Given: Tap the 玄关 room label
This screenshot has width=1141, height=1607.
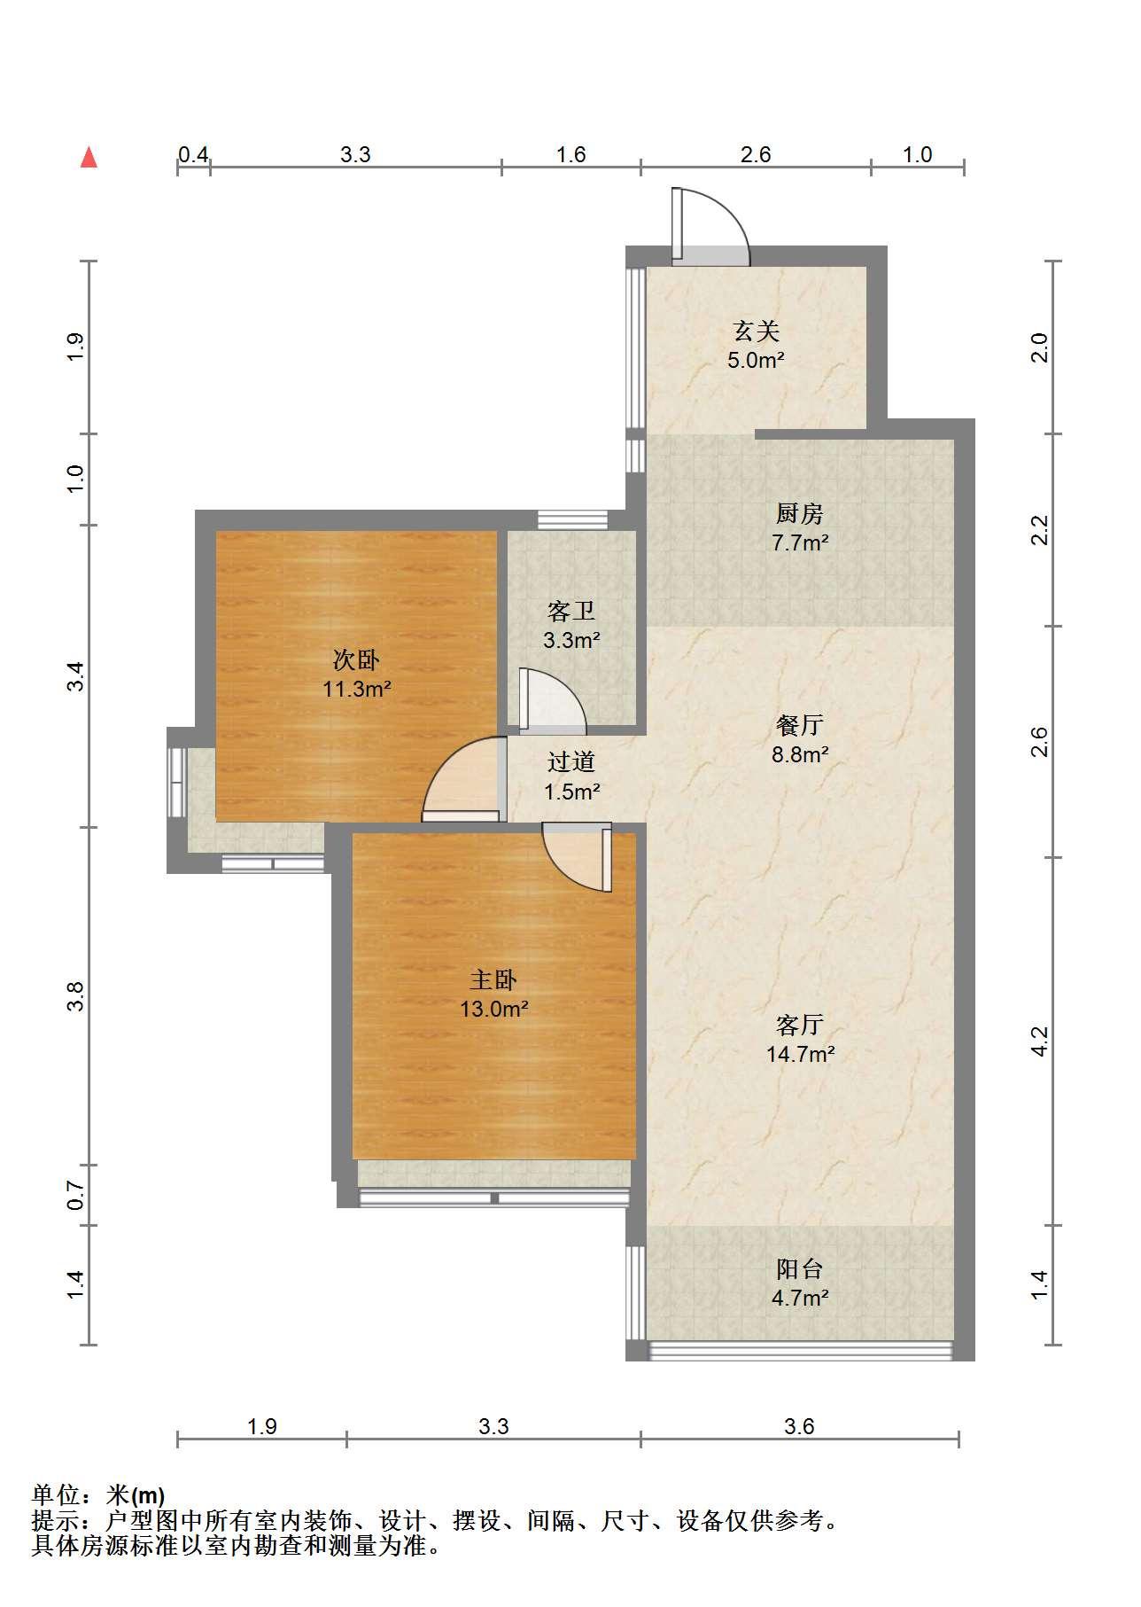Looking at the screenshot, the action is tap(756, 332).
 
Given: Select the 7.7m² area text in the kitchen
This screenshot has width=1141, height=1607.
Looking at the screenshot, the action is tap(800, 542).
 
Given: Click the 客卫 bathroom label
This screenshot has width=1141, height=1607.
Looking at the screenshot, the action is tap(570, 611).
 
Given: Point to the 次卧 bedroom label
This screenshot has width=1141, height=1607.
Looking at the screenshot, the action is tap(356, 659).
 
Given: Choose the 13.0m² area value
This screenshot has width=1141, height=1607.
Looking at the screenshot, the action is tap(494, 1009).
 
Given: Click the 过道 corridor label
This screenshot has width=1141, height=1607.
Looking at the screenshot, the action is tap(570, 762).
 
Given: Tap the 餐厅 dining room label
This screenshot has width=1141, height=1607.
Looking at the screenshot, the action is tap(800, 726).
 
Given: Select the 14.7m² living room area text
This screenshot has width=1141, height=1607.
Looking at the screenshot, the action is tap(800, 1054).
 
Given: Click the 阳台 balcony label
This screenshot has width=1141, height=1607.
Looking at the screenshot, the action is tap(800, 1269).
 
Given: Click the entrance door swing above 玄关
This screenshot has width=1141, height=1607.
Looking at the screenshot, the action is tap(710, 227).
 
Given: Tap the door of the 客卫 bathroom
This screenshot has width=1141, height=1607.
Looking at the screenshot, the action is tap(552, 700).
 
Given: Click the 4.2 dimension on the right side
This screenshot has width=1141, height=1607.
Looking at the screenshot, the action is tap(1040, 1041).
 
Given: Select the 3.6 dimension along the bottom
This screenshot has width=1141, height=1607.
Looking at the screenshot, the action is tap(799, 1426).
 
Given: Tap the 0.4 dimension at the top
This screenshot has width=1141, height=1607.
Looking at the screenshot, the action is tap(193, 154).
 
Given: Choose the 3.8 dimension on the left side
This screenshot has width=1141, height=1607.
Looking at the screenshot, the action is tap(76, 996).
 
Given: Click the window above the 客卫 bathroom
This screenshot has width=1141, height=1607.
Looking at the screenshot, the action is tap(572, 520).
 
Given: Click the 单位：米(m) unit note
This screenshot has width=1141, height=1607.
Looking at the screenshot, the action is tap(98, 1496).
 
